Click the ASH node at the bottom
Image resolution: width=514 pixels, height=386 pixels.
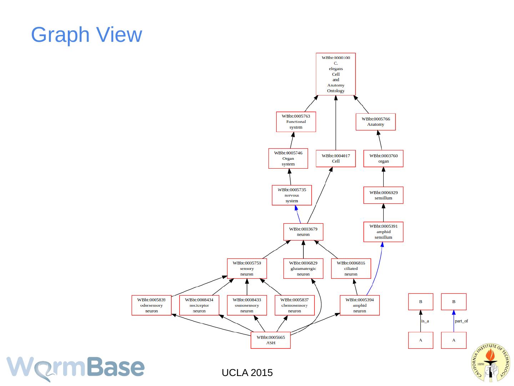(x=271, y=340)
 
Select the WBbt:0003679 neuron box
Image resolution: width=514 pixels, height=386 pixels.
(x=303, y=232)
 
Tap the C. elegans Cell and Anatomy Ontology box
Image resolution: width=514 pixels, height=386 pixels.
(x=336, y=74)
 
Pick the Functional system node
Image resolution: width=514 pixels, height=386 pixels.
(x=296, y=122)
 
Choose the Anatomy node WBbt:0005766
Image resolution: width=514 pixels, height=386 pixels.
(x=376, y=122)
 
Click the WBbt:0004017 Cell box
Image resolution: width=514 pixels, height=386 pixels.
(x=336, y=158)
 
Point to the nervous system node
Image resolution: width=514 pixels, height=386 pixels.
(x=292, y=195)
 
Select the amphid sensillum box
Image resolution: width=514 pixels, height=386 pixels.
(x=383, y=232)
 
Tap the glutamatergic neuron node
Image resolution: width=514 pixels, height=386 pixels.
(x=303, y=268)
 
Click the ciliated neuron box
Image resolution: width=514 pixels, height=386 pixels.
(x=351, y=268)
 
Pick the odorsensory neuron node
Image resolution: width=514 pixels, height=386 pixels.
(x=151, y=305)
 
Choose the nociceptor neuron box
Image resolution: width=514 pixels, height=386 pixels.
(x=199, y=305)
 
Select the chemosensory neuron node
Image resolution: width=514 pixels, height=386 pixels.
(x=294, y=305)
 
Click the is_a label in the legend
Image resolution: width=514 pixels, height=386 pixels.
(x=425, y=321)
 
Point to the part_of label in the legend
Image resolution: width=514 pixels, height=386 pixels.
(x=461, y=321)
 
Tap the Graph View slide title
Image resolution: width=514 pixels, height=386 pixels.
(x=87, y=35)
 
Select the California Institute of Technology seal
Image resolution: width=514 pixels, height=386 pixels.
(x=490, y=362)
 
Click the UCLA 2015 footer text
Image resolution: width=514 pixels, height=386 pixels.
(x=247, y=373)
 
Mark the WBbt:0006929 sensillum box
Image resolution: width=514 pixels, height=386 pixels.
(x=383, y=195)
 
